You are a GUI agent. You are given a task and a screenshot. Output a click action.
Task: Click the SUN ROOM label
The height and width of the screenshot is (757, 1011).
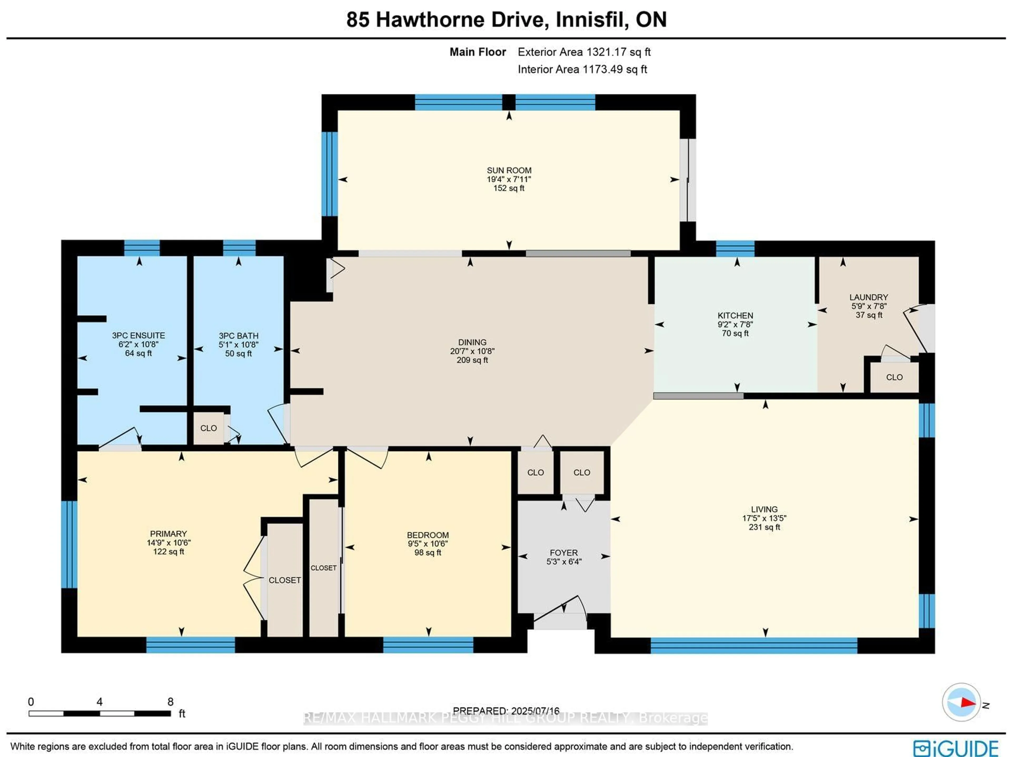(x=509, y=170)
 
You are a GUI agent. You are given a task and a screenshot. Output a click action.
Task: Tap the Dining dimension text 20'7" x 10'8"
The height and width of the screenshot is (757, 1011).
(x=472, y=351)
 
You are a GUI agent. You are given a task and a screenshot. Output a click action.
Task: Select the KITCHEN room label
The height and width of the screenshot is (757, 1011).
(x=735, y=315)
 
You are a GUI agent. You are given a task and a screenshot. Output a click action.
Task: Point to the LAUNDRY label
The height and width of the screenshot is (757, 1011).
(x=868, y=297)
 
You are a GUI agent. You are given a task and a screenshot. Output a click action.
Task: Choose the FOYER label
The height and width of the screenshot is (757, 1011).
(x=563, y=553)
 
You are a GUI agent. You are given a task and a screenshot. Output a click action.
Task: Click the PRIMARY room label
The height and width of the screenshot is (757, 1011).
(x=168, y=533)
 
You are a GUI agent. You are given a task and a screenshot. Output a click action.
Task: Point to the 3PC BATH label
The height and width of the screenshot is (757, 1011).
(x=238, y=335)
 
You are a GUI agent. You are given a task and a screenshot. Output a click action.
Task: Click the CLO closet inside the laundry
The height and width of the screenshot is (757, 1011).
(x=894, y=377)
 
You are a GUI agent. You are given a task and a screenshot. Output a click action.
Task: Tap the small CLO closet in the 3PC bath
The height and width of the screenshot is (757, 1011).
(x=209, y=428)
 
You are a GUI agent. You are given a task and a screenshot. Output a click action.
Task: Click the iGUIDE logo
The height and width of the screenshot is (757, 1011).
(x=955, y=748)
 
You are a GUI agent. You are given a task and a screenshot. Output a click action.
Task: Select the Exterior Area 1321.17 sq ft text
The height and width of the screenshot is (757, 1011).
(x=584, y=52)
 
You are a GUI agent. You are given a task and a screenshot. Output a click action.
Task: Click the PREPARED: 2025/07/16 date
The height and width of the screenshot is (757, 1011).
(x=506, y=711)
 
